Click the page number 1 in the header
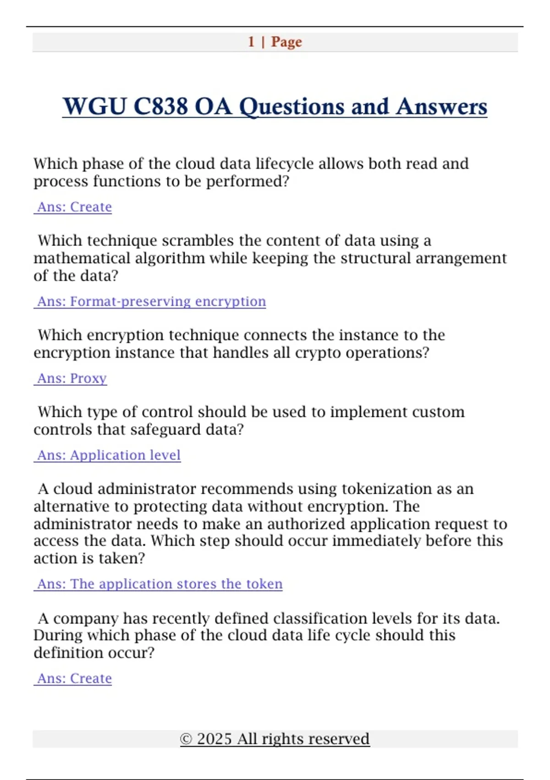(251, 42)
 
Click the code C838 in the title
(160, 106)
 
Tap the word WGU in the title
(94, 106)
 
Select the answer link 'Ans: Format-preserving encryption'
(151, 301)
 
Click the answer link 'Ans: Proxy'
(71, 379)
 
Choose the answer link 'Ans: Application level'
(108, 455)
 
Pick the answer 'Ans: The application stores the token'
(159, 584)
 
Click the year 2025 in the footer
(214, 739)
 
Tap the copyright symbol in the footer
(186, 739)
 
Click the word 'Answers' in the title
(441, 106)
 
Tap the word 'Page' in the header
(286, 42)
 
